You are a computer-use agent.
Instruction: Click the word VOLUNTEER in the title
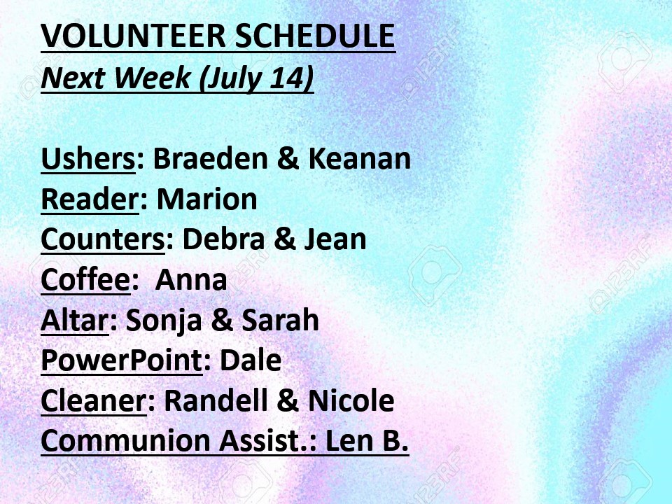point(133,36)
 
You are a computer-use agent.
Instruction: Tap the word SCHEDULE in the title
point(315,36)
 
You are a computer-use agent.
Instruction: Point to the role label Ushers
point(88,158)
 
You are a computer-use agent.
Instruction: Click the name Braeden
point(210,158)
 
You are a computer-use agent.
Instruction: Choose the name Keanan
point(360,158)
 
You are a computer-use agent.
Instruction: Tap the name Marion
point(207,199)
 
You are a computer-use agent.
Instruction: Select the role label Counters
point(103,239)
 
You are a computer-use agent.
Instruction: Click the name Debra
point(223,239)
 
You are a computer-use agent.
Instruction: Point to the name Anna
point(190,279)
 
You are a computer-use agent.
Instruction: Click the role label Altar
point(74,320)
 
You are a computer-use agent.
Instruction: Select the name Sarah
point(280,320)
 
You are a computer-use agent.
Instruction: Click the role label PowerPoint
point(121,360)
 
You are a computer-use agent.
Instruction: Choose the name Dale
point(251,360)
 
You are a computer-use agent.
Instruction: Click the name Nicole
point(351,400)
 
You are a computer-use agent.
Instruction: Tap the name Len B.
point(367,440)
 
